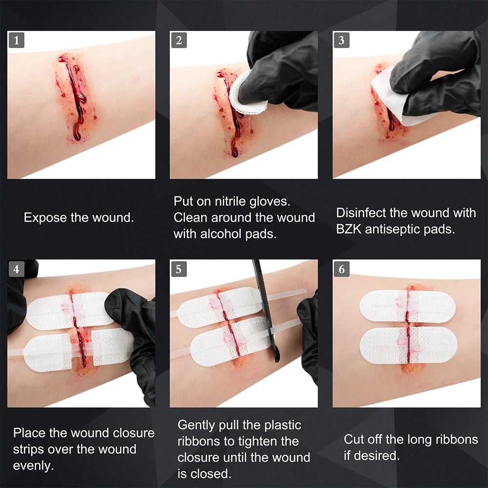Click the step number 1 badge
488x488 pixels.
click(x=17, y=40)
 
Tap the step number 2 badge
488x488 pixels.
click(x=179, y=40)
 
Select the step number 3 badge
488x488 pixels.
click(x=342, y=40)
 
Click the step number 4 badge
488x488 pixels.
click(x=17, y=268)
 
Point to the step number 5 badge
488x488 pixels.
click(x=179, y=268)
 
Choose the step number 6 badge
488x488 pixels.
click(x=342, y=268)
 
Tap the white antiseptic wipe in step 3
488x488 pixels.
click(x=390, y=98)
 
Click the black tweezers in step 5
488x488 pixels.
click(x=266, y=312)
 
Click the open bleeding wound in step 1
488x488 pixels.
click(x=73, y=98)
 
